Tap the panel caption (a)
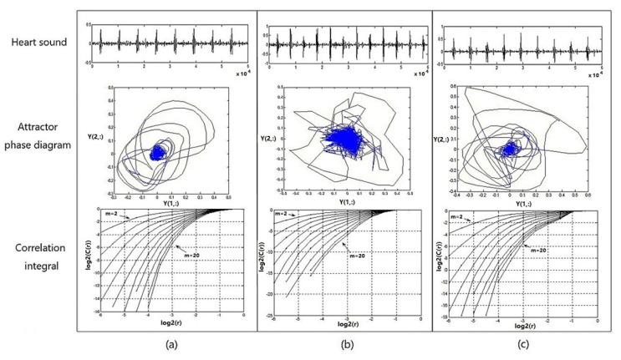pyautogui.click(x=171, y=344)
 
